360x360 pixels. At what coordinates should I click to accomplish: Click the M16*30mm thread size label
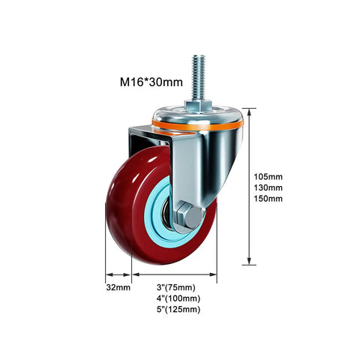click(x=151, y=82)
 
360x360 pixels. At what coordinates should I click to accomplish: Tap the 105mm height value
click(x=268, y=177)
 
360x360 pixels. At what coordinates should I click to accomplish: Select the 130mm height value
click(x=268, y=187)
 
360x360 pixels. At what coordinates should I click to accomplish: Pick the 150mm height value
click(x=268, y=199)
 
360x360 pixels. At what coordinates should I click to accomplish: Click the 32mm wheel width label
click(x=118, y=287)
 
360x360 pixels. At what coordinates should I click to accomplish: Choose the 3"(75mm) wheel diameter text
click(x=176, y=287)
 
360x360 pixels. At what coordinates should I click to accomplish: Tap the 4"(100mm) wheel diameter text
click(x=178, y=298)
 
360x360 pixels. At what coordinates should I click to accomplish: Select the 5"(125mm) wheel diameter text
click(x=178, y=310)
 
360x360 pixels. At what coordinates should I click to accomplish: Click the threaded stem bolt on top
click(x=198, y=77)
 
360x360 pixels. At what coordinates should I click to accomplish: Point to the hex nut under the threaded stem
click(x=198, y=106)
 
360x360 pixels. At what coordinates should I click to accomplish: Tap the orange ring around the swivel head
click(x=197, y=126)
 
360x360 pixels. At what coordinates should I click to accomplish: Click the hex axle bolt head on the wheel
click(x=189, y=217)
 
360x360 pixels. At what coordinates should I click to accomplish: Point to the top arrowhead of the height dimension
click(x=249, y=112)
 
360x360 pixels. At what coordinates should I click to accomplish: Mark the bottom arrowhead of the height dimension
click(x=249, y=261)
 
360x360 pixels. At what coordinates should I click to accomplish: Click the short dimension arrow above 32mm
click(x=118, y=274)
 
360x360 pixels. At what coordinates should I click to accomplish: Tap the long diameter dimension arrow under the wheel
click(x=174, y=274)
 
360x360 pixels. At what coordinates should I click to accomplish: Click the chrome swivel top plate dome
click(x=197, y=115)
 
